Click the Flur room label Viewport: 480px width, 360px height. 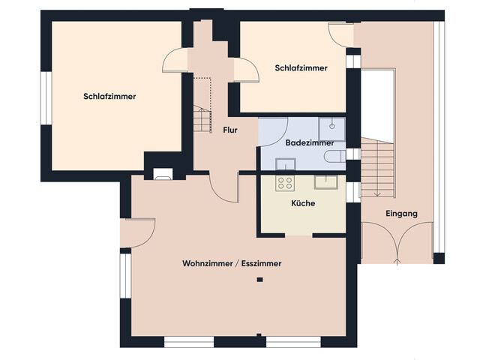click(230, 130)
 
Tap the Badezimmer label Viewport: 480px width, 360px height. click(310, 142)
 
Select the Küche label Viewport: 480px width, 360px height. click(303, 203)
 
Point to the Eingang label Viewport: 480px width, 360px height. click(401, 214)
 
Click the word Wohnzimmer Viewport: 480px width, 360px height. click(207, 263)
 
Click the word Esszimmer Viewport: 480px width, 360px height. click(261, 263)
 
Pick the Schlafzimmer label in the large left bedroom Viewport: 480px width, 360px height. click(109, 97)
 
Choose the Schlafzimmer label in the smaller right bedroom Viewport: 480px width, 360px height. click(301, 68)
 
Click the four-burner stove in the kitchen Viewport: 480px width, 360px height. click(285, 183)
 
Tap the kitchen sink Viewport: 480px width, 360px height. click(326, 182)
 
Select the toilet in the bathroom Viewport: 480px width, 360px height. click(335, 156)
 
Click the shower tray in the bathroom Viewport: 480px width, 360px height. click(331, 129)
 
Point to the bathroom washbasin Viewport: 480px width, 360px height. click(285, 164)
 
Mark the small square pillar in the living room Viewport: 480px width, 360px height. click(260, 280)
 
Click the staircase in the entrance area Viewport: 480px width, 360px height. click(377, 167)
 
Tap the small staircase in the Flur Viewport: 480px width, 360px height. click(202, 118)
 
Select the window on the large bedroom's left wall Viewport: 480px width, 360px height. click(46, 98)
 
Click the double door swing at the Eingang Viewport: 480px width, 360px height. click(397, 241)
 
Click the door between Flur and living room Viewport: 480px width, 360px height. click(224, 188)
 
